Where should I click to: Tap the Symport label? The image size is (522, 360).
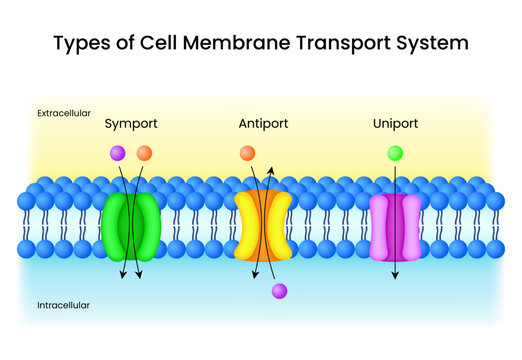(131, 124)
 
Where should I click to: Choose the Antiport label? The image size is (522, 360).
(263, 124)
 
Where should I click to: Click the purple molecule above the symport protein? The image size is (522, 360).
(118, 153)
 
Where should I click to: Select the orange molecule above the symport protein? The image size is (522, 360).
(144, 153)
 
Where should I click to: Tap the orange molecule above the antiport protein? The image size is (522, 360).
(247, 153)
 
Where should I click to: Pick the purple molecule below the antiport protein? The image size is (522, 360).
(279, 291)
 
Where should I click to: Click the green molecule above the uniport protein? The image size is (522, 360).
(394, 153)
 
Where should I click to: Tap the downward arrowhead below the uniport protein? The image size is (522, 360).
(394, 276)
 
